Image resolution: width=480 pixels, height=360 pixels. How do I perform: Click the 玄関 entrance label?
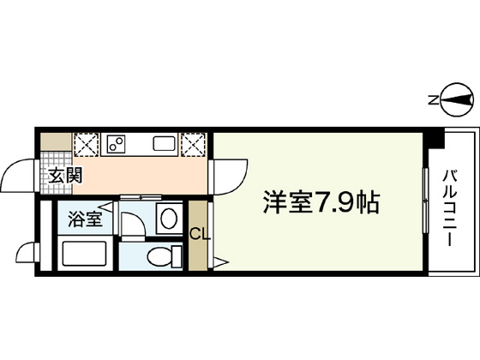coord(64,177)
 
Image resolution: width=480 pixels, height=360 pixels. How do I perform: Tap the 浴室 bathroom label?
coord(85,218)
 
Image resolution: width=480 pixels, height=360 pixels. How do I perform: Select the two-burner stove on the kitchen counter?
coord(118,143)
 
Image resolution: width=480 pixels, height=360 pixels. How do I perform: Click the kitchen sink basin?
coord(164,143)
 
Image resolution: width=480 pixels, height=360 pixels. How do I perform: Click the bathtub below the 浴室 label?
coord(84,255)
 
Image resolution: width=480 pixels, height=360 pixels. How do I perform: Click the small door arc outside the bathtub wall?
coord(27,254)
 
